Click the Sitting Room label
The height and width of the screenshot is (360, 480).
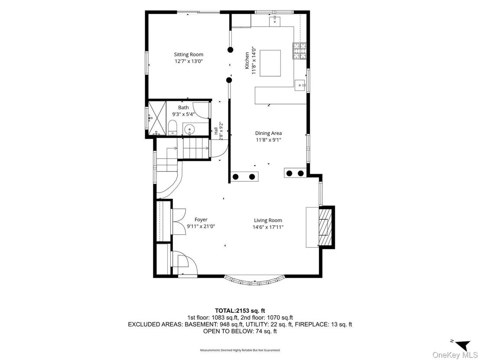click(x=188, y=55)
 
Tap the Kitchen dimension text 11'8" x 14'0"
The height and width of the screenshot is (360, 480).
click(x=253, y=60)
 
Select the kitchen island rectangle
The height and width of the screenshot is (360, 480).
click(x=270, y=63)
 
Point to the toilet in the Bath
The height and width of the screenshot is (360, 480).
click(x=172, y=128)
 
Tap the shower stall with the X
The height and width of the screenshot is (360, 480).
click(x=157, y=118)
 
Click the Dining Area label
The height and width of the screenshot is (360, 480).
click(x=269, y=133)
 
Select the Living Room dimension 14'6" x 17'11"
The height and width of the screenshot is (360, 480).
click(x=268, y=227)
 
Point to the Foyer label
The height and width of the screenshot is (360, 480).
click(x=201, y=220)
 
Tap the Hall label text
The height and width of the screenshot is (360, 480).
click(x=216, y=131)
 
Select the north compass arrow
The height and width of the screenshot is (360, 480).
click(x=462, y=345)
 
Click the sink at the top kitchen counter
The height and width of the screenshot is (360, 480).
click(x=275, y=21)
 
